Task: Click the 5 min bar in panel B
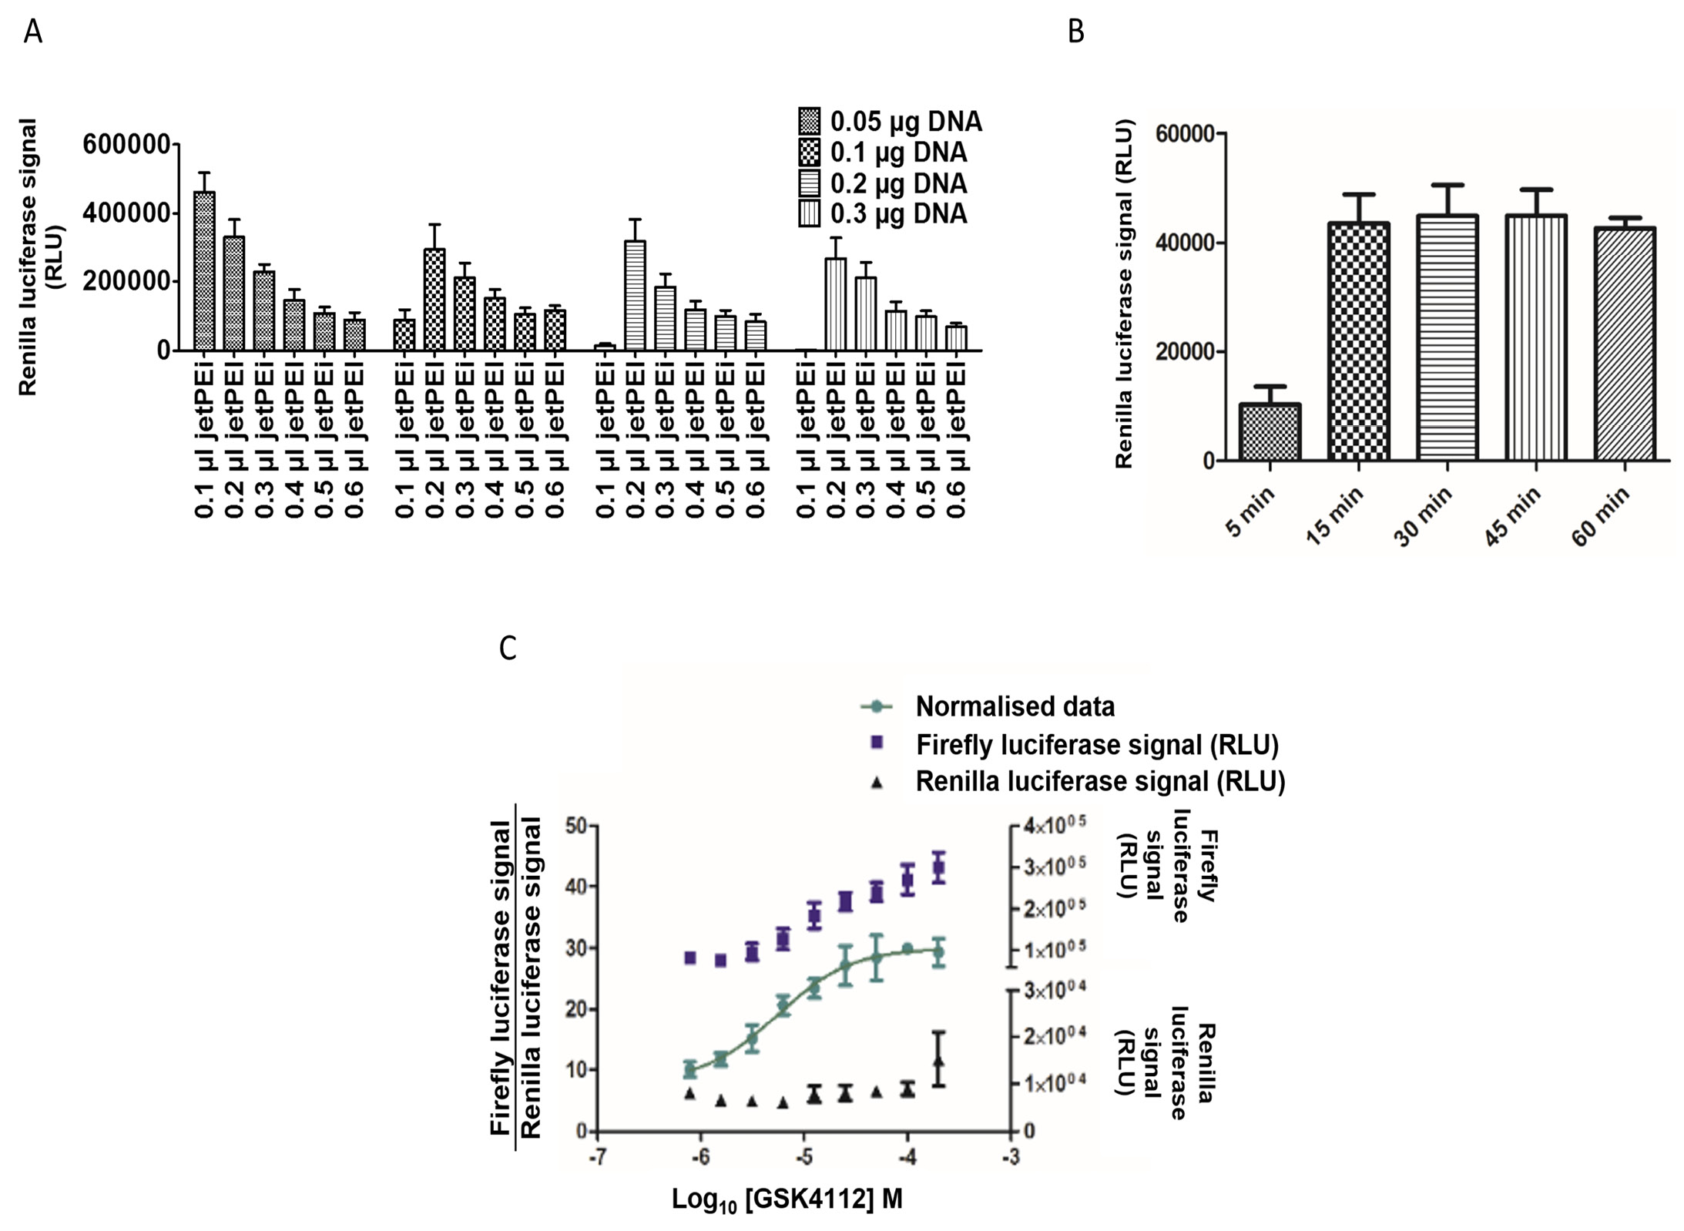[1269, 432]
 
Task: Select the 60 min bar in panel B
[1624, 344]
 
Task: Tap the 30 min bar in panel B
[1447, 338]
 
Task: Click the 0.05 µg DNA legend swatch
[810, 121]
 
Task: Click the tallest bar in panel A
[204, 271]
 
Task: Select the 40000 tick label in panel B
[1185, 243]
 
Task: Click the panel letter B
[1076, 32]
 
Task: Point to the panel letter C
[508, 648]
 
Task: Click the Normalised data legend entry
[1014, 706]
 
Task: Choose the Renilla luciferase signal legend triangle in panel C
[876, 783]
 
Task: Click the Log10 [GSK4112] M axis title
[787, 1199]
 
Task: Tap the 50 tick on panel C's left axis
[575, 826]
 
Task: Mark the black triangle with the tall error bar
[938, 1062]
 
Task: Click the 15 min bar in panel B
[1358, 341]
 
